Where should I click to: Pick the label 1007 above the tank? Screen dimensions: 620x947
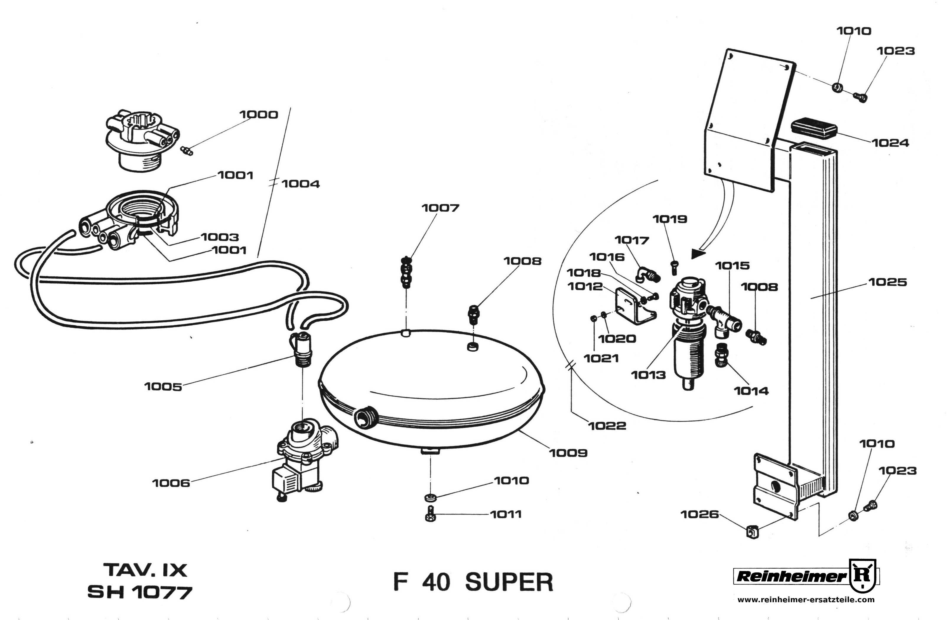tap(440, 208)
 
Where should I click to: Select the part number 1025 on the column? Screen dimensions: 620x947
tap(887, 282)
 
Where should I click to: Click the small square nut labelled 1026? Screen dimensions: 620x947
tap(751, 531)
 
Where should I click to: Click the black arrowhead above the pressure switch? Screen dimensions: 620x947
tap(697, 253)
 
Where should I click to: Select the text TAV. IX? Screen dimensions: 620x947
tap(145, 570)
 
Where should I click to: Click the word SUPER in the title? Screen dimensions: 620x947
tap(509, 582)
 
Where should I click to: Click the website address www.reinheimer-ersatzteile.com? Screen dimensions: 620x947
tap(806, 600)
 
